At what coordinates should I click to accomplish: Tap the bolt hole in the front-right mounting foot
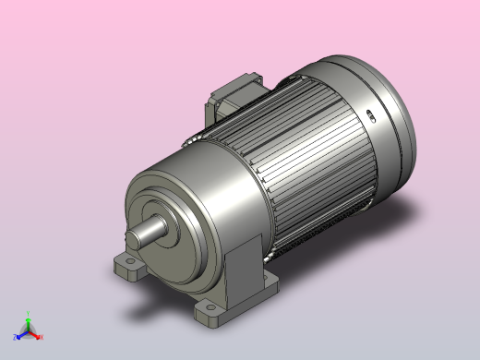[210, 311]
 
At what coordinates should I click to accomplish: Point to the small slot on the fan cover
[370, 116]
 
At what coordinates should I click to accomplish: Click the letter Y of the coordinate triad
[29, 312]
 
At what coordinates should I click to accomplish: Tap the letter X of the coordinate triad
[41, 337]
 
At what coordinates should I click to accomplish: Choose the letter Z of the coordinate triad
[15, 337]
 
